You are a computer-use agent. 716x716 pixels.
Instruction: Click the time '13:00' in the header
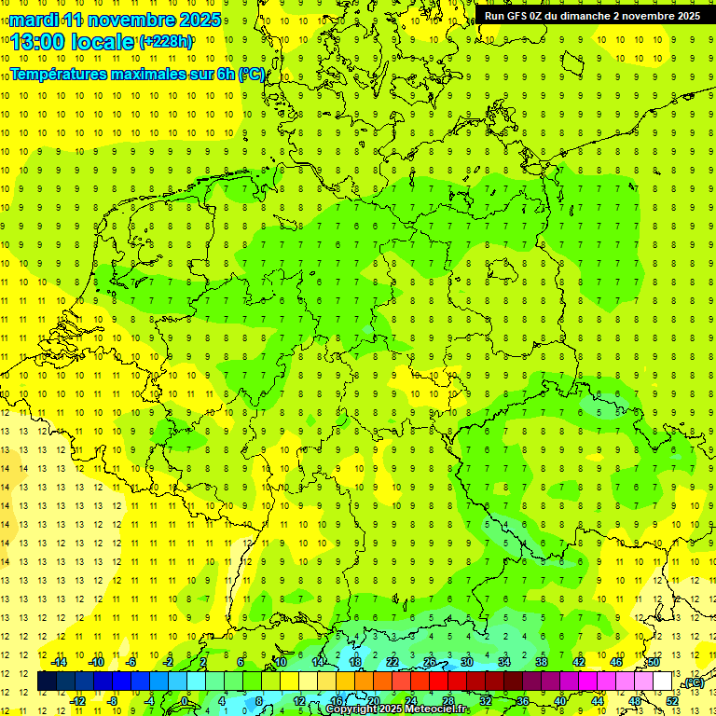pos(43,42)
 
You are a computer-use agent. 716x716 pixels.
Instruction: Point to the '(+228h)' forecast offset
pos(166,42)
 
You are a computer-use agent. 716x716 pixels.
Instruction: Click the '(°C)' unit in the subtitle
pos(252,75)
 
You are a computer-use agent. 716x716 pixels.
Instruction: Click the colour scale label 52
pos(671,700)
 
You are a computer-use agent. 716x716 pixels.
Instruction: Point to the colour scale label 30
pos(466,662)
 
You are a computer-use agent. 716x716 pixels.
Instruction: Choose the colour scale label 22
pos(392,662)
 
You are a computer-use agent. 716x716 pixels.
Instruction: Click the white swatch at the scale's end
pos(662,682)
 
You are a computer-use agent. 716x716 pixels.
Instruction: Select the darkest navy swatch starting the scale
pos(47,682)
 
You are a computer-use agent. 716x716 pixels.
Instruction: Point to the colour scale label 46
pos(615,662)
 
